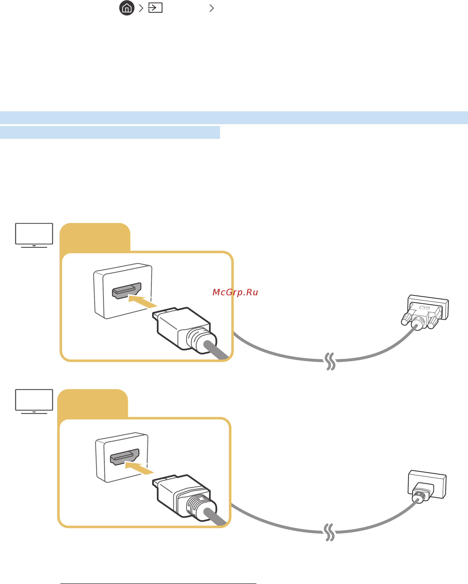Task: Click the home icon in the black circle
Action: pos(127,8)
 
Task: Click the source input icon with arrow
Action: pos(155,8)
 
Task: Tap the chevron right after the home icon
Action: pos(141,8)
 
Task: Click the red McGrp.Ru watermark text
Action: pos(235,292)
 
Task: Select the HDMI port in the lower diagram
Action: pos(125,457)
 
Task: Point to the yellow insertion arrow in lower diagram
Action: pos(139,468)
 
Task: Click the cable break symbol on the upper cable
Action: pos(330,361)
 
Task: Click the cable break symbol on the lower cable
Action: pos(329,532)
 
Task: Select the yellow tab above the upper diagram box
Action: pos(95,237)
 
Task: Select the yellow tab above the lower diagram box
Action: pos(92,403)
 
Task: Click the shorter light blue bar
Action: pos(110,132)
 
